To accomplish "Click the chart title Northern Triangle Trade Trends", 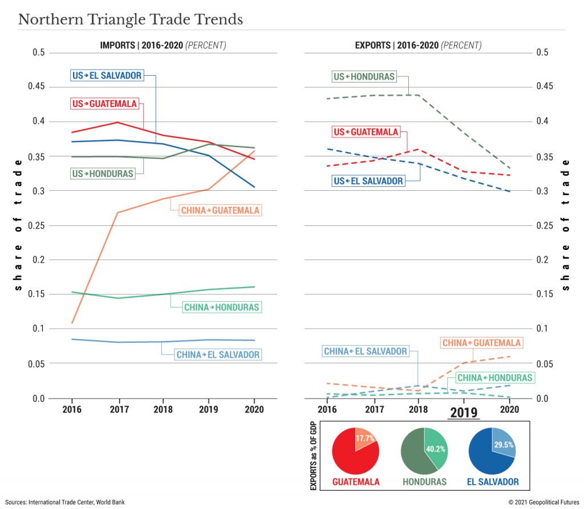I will pos(131,19).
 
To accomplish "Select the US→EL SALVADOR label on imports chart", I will pos(107,75).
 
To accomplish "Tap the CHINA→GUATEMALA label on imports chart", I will pos(220,210).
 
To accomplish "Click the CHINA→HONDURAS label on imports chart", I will pos(221,307).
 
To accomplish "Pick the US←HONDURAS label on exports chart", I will pos(364,76).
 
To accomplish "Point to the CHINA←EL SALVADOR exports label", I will pos(366,351).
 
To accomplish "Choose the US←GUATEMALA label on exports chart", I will pos(365,132).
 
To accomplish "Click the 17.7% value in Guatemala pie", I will pos(365,438).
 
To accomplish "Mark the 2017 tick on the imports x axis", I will pos(117,409).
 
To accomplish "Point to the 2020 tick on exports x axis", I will pos(509,409).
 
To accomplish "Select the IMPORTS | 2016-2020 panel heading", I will pos(163,45).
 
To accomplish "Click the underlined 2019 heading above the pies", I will pos(463,412).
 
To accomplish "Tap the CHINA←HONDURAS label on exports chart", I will pos(494,377).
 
